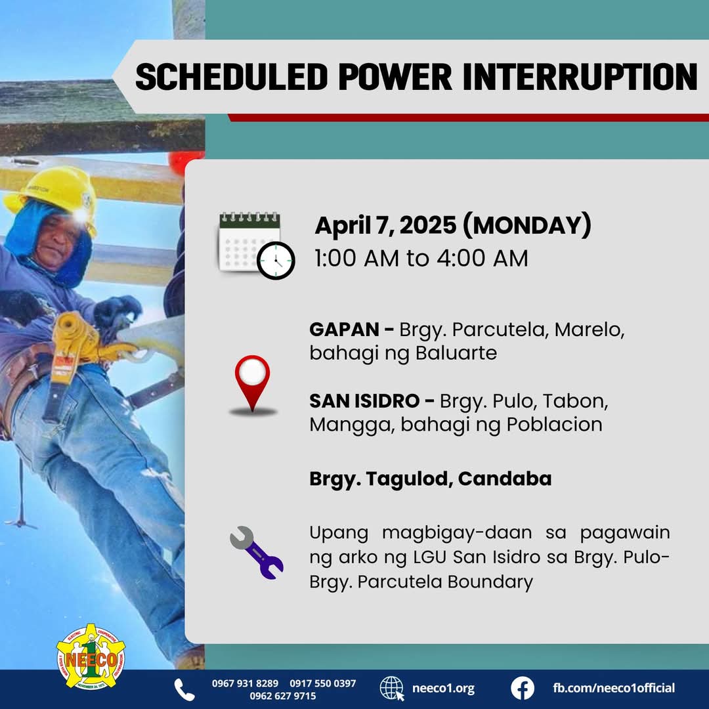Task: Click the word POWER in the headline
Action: coord(395,77)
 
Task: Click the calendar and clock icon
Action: coord(257,245)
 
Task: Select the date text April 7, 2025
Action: coord(386,226)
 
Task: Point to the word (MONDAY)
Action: coord(527,225)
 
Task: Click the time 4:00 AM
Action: coord(482,258)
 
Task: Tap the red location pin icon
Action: coord(252,385)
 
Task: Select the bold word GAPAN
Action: coord(344,330)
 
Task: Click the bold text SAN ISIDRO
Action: coord(364,401)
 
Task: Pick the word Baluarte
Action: coord(456,353)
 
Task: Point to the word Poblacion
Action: coord(554,425)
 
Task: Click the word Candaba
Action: coord(505,479)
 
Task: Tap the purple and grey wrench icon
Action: coord(257,553)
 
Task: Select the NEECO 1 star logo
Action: coord(91,656)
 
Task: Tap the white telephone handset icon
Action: coord(184,689)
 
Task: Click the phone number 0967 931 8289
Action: coord(245,683)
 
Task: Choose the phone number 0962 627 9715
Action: coord(283,696)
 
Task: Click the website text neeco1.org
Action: coord(443,689)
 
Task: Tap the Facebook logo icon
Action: coord(523,688)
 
